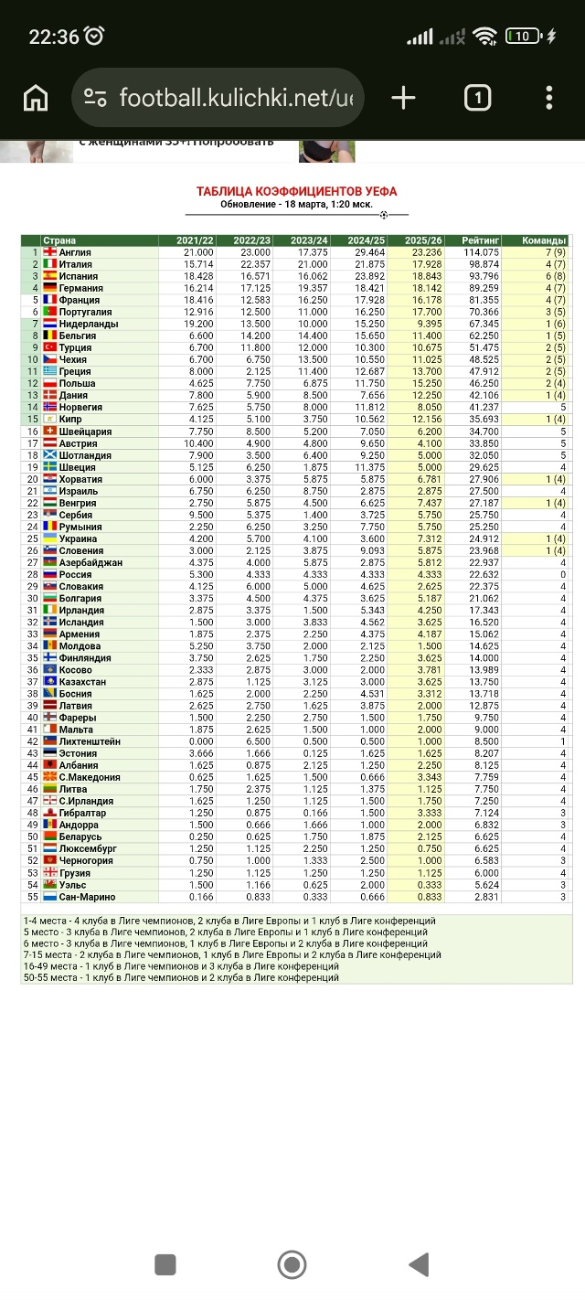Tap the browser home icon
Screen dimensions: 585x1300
coord(36,98)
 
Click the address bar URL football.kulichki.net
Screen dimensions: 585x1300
coord(236,98)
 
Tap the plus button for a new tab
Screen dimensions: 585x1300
coord(403,98)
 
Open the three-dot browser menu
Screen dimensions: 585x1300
coord(549,98)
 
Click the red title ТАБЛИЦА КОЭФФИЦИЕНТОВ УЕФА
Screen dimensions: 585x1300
coord(296,191)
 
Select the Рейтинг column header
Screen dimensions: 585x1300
coord(481,240)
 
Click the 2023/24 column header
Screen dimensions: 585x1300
coord(309,240)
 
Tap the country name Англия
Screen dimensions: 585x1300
coord(75,252)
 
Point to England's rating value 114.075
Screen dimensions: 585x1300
coord(481,252)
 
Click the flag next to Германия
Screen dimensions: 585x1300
coord(50,288)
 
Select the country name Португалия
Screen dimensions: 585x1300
coord(85,313)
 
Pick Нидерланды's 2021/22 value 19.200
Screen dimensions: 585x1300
coord(198,324)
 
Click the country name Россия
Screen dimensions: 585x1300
coord(76,574)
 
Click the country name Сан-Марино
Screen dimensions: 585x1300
coord(87,897)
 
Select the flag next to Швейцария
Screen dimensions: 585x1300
coord(50,432)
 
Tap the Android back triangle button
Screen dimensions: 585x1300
coord(420,1264)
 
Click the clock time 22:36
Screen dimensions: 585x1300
coord(54,37)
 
